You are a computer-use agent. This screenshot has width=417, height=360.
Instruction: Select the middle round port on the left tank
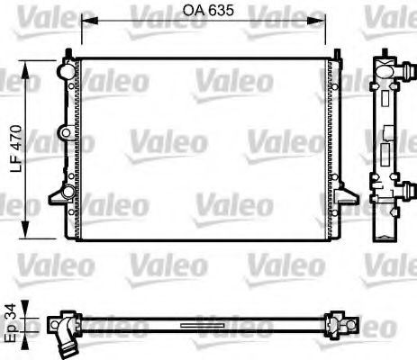[65, 133]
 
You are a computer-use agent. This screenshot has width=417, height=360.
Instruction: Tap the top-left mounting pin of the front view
[74, 52]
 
